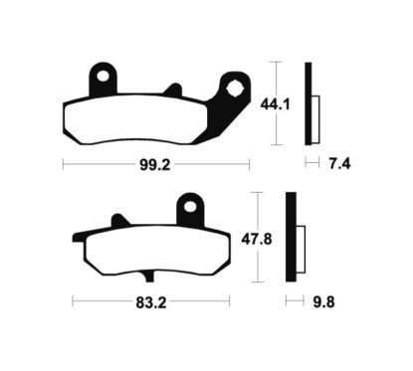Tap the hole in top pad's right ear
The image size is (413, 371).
236,87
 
